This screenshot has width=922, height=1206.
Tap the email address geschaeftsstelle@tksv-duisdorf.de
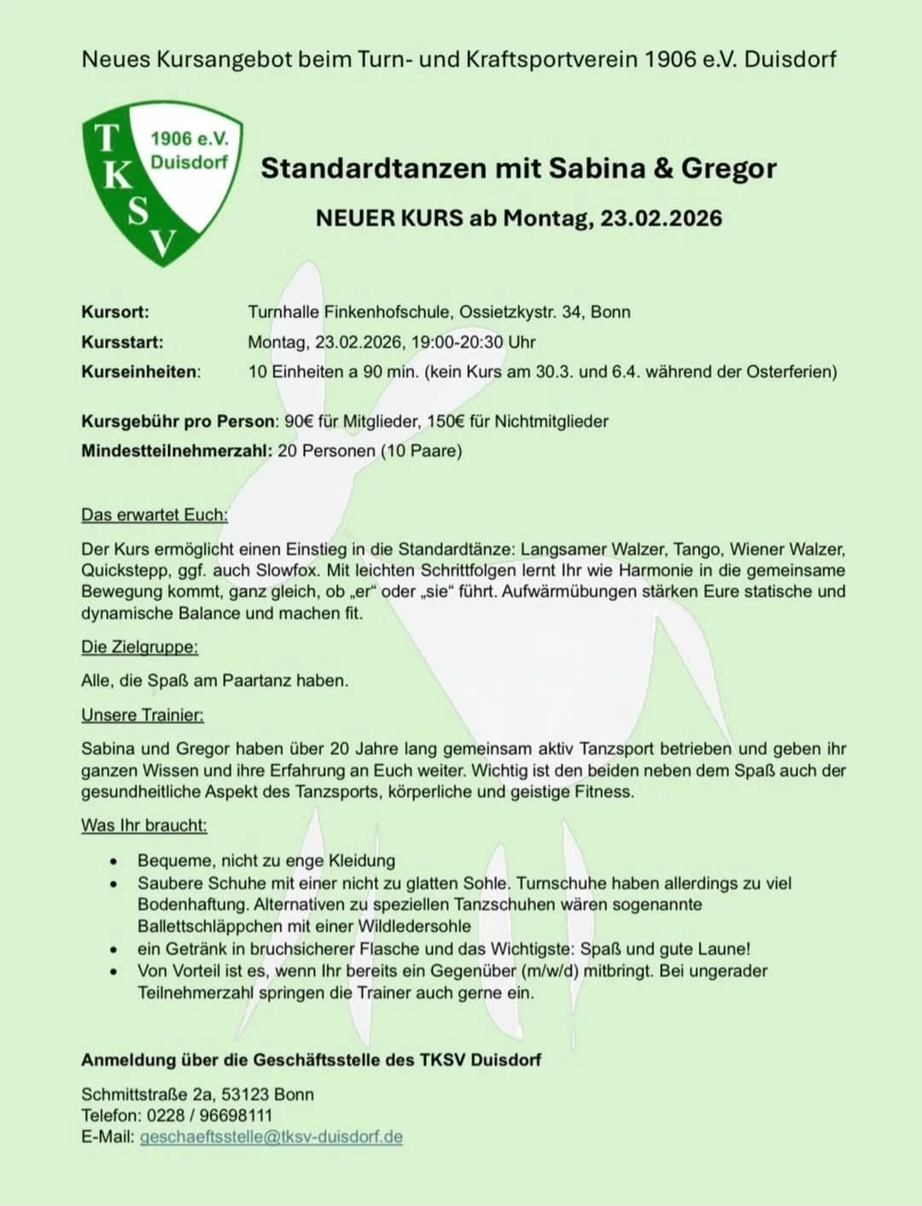pyautogui.click(x=271, y=1137)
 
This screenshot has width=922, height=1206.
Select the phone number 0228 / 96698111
pyautogui.click(x=209, y=1116)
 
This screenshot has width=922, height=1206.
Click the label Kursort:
pyautogui.click(x=115, y=312)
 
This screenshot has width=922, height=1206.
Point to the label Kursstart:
pyautogui.click(x=122, y=342)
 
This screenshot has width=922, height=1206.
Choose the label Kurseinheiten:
pyautogui.click(x=141, y=372)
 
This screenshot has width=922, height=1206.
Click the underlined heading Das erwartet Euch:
pyautogui.click(x=155, y=515)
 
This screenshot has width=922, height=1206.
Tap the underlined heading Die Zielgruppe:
pyautogui.click(x=139, y=647)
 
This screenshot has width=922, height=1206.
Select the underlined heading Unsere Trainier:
pyautogui.click(x=143, y=715)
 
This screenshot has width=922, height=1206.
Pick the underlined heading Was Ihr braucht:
pyautogui.click(x=144, y=825)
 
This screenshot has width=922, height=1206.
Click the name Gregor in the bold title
pyautogui.click(x=728, y=168)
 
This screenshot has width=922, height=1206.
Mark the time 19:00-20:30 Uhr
pyautogui.click(x=473, y=342)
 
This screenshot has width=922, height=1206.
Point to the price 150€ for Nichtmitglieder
pyautogui.click(x=446, y=422)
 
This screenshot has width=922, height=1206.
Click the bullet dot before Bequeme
pyautogui.click(x=113, y=861)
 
